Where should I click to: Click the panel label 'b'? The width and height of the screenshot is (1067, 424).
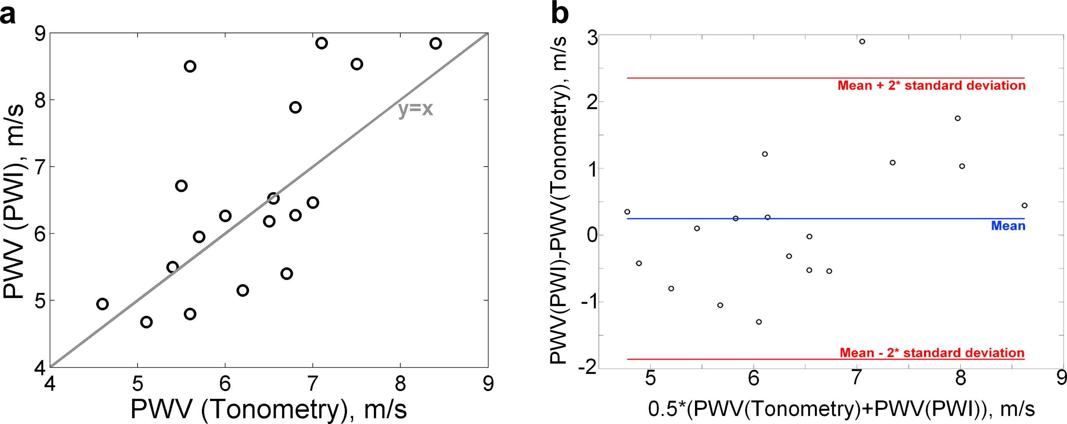click(x=560, y=15)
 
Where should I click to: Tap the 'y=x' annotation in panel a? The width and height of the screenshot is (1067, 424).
click(x=415, y=109)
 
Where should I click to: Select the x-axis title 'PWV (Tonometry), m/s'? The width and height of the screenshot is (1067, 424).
click(x=269, y=409)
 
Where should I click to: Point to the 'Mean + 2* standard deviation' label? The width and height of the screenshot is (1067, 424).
click(x=931, y=86)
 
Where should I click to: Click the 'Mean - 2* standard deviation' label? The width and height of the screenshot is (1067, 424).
click(x=932, y=353)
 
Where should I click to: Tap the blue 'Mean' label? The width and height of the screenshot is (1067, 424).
click(x=1008, y=226)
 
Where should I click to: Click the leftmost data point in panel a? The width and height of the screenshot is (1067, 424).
click(x=102, y=304)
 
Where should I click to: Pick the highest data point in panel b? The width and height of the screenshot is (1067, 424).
click(x=862, y=41)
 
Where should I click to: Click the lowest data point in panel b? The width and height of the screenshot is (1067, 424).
click(x=759, y=322)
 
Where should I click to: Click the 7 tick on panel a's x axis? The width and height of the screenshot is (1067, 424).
click(x=313, y=384)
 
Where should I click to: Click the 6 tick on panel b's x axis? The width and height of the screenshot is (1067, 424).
click(x=754, y=378)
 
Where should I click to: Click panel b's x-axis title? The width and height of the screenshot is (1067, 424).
click(x=841, y=409)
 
